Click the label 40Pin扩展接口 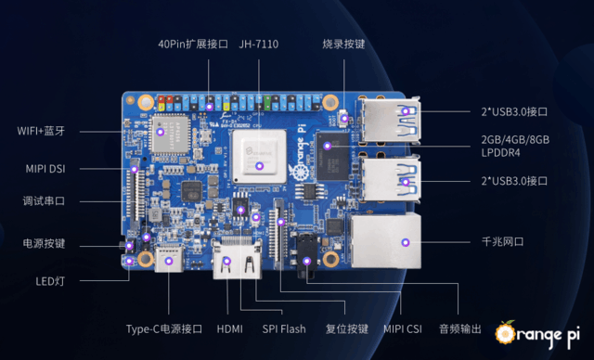(x=193, y=44)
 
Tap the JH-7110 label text (x=259, y=44)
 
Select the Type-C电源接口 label (x=164, y=328)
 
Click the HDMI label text (x=229, y=328)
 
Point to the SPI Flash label (x=283, y=328)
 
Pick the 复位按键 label (x=347, y=328)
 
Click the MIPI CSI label (x=403, y=328)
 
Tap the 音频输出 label (x=459, y=328)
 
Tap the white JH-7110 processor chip (x=258, y=152)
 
